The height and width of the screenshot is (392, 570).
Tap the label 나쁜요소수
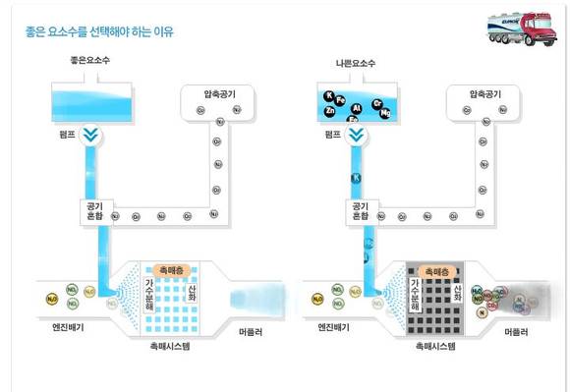[x=355, y=64]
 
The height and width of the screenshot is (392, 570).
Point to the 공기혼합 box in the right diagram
[x=358, y=210]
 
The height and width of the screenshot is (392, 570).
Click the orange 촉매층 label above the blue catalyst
[x=164, y=269]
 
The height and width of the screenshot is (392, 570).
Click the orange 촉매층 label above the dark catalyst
[x=432, y=269]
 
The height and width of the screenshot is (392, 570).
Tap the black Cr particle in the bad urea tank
[x=377, y=103]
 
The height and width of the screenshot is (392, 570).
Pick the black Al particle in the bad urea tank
[x=358, y=108]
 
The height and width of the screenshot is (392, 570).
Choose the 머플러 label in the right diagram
[x=518, y=333]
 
